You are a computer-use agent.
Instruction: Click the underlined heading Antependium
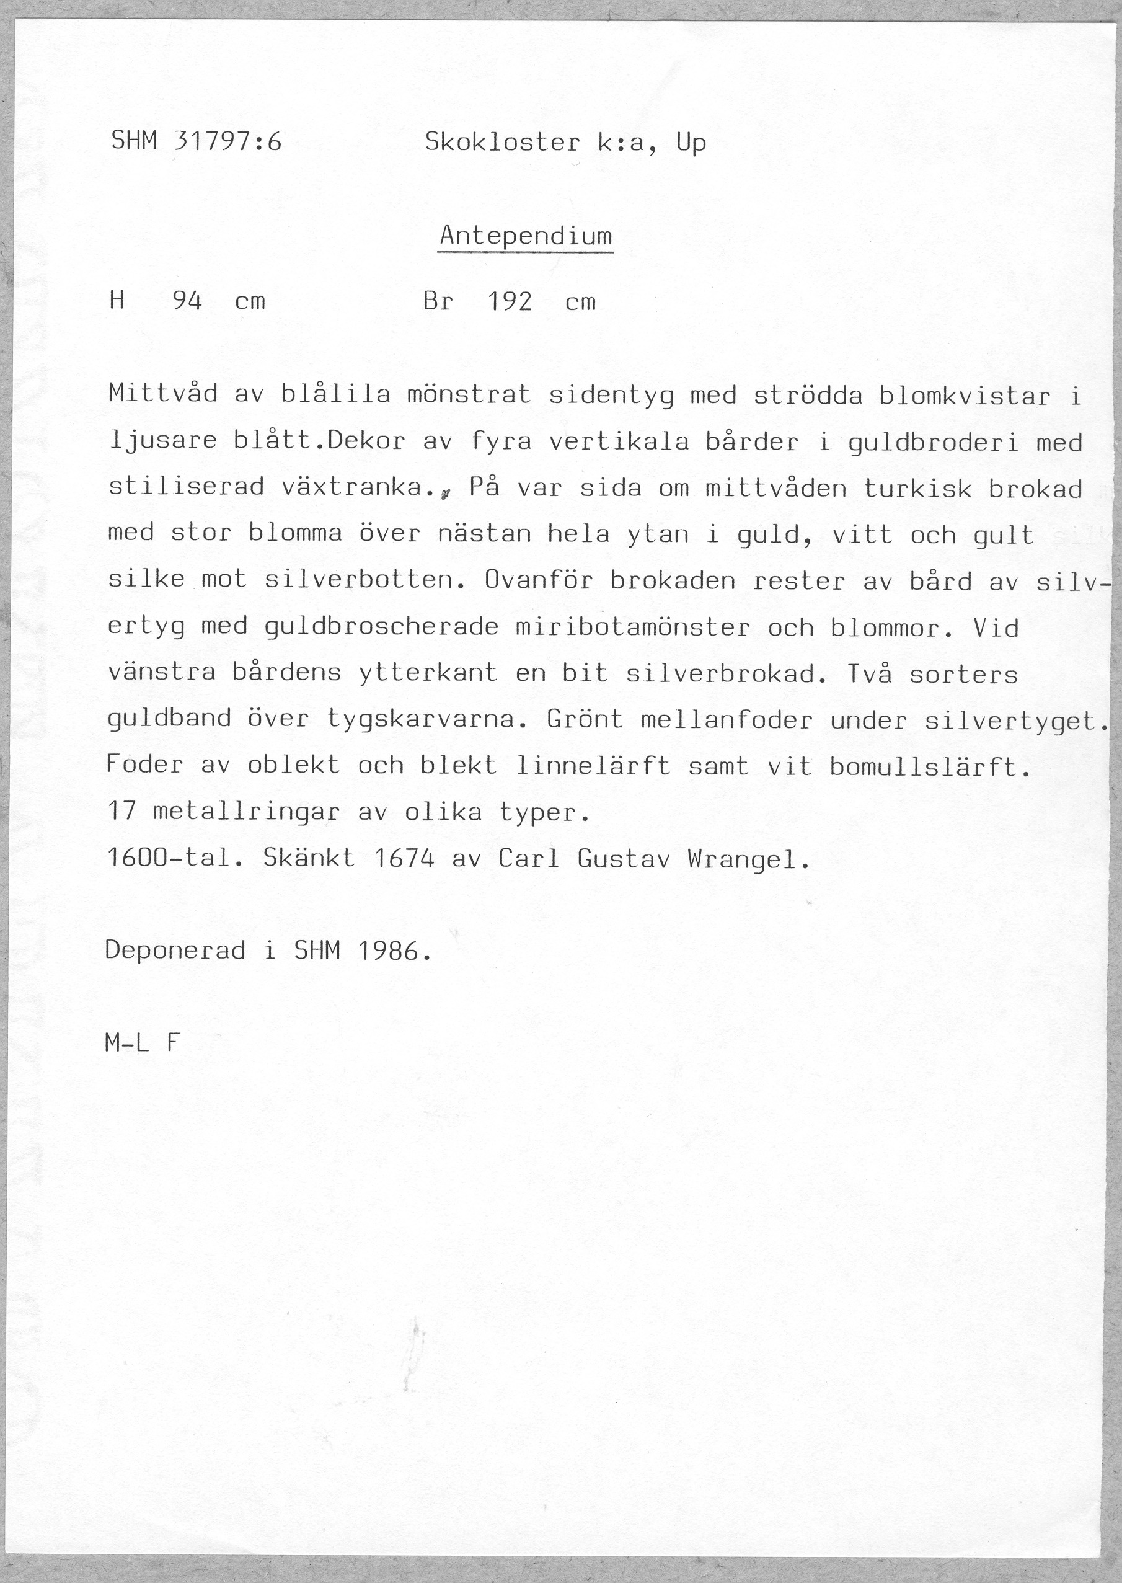pos(526,237)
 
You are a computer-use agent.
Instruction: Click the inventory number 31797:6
pos(229,143)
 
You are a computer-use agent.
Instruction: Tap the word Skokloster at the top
pos(502,143)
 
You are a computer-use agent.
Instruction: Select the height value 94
pos(187,302)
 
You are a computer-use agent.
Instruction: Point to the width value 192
pos(510,302)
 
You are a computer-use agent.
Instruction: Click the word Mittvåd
pos(163,394)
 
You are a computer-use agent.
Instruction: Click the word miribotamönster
pos(632,627)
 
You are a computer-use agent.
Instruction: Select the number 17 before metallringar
pos(122,812)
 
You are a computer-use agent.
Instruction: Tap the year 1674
pos(404,859)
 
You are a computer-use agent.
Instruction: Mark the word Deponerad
pos(175,951)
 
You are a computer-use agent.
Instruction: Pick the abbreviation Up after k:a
pos(691,143)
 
